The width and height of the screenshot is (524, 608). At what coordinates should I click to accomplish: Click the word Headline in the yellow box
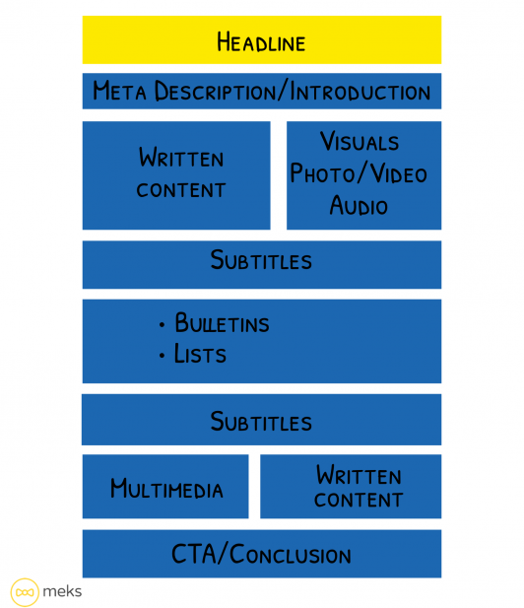coord(261,42)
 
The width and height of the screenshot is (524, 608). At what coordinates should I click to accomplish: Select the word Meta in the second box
coord(116,93)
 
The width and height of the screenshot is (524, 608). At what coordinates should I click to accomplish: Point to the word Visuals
coord(359,142)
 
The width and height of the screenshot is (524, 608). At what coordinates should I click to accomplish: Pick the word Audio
coord(359,206)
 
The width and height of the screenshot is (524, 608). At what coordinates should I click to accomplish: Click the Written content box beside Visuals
coord(176,174)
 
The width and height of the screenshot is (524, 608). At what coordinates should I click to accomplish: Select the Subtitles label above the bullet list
coord(261,261)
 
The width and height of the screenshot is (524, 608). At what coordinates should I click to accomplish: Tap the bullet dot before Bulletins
coord(162,324)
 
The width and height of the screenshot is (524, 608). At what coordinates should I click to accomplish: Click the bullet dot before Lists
coord(162,356)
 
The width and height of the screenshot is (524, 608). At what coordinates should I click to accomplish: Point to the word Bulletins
coord(222,323)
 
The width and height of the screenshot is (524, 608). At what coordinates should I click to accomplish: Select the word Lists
coord(200,355)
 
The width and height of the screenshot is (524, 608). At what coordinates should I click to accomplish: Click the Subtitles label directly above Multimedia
coord(261,422)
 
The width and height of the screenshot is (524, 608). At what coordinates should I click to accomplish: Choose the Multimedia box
coord(165,489)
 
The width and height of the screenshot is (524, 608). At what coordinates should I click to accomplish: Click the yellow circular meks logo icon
coord(25,591)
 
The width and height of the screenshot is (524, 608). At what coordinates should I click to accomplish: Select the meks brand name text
coord(64,591)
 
